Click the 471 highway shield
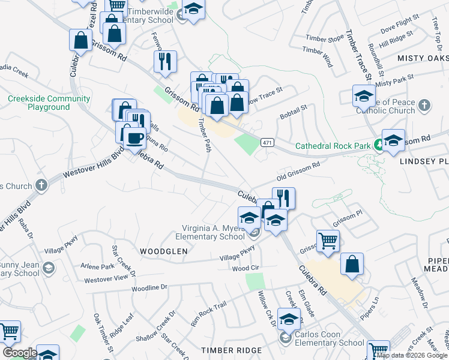pyautogui.click(x=268, y=142)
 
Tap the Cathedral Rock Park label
pyautogui.click(x=334, y=146)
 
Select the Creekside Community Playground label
pyautogui.click(x=49, y=103)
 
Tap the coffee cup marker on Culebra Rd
pyautogui.click(x=134, y=138)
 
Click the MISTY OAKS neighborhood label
pyautogui.click(x=423, y=58)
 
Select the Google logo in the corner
pyautogui.click(x=19, y=353)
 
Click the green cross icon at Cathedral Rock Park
pyautogui.click(x=379, y=144)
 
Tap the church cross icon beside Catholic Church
pyautogui.click(x=424, y=106)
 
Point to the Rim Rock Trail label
pyautogui.click(x=208, y=311)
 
